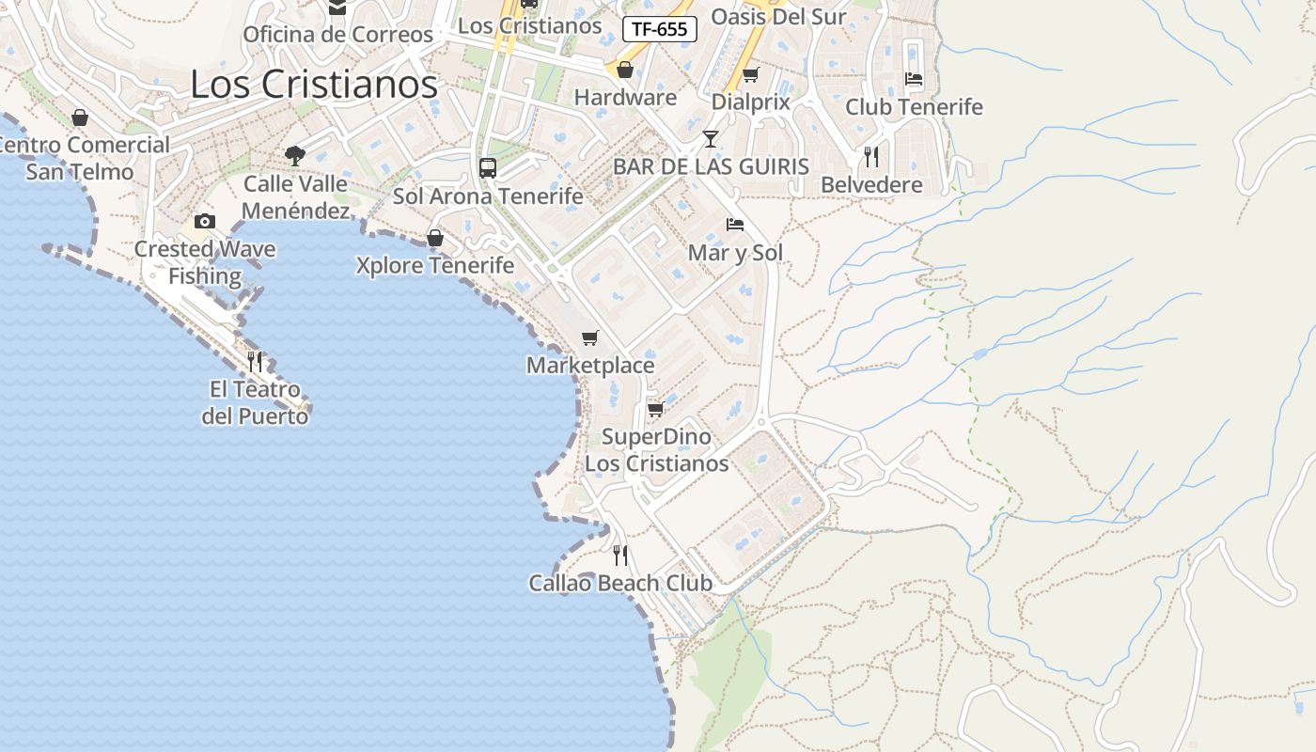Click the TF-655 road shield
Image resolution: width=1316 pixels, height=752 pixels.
659,29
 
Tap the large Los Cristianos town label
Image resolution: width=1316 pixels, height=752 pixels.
314,85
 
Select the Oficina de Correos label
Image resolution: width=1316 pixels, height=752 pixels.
337,35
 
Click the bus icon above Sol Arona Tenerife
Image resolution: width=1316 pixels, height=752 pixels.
487,168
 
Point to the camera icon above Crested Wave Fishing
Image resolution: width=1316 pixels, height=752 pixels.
205,222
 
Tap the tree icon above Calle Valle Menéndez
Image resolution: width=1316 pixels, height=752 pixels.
295,155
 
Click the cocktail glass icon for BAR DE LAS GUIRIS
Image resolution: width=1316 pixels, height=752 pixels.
711,139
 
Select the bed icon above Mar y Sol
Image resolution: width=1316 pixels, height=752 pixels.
735,225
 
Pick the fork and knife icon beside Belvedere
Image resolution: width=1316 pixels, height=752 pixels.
871,156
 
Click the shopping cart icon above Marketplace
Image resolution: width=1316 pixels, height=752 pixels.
589,337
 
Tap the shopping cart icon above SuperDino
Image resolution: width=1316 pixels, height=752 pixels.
655,409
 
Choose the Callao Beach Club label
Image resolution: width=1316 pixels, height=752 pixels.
620,583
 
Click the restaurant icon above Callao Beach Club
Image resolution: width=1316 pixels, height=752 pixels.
619,555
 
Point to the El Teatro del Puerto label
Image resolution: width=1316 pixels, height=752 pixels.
255,402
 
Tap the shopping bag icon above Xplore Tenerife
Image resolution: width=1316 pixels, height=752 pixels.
434,238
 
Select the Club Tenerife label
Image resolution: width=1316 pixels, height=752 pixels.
914,107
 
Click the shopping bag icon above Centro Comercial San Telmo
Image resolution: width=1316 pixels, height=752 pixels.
80,117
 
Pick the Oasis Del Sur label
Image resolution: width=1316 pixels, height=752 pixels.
778,17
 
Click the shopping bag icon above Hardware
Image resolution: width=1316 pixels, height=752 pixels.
625,70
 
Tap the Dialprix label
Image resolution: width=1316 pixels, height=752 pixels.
750,102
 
